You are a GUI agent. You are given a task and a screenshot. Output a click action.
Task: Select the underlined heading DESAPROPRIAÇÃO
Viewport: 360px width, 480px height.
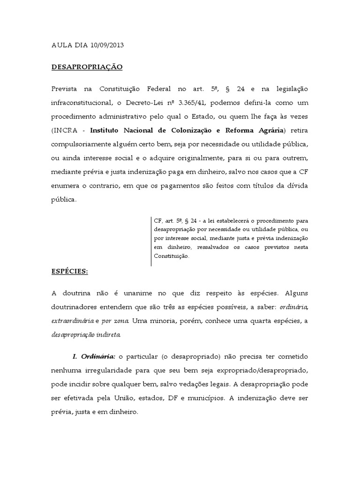coord(87,67)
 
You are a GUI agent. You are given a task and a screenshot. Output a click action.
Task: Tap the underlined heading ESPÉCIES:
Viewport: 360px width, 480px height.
coord(69,271)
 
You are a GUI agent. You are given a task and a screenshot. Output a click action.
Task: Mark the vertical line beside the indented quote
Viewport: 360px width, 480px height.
coord(151,241)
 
